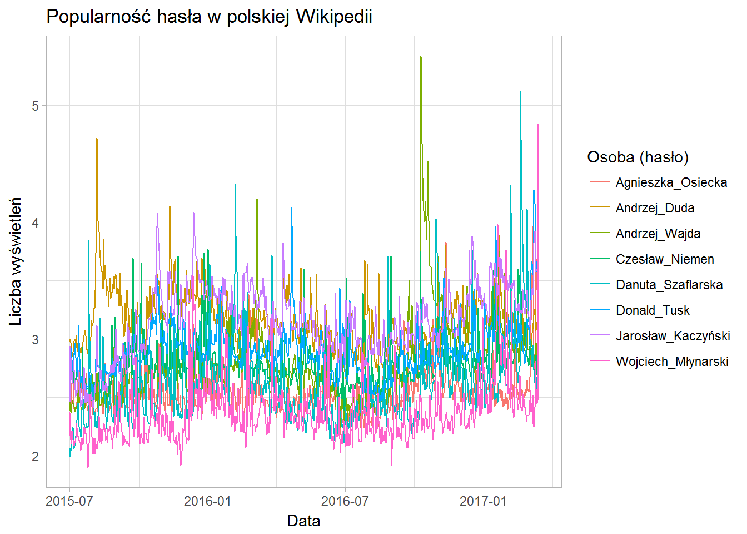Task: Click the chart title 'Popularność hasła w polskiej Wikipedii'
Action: [x=209, y=17]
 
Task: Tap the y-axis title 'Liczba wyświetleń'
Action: [x=16, y=261]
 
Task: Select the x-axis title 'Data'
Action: [x=303, y=521]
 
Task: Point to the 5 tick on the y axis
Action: [x=36, y=106]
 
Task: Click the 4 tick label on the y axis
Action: [x=36, y=222]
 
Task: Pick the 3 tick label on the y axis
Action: [x=36, y=339]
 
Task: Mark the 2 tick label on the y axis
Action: [x=36, y=456]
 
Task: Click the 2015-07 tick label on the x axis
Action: [x=69, y=501]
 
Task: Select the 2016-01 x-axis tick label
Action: [x=208, y=501]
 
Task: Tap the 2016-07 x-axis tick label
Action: [x=345, y=501]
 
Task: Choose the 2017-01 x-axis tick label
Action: [x=483, y=501]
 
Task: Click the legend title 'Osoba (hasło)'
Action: [x=638, y=157]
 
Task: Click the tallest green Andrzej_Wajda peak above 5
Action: [x=421, y=57]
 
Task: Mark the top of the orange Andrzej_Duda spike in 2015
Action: [x=97, y=139]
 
